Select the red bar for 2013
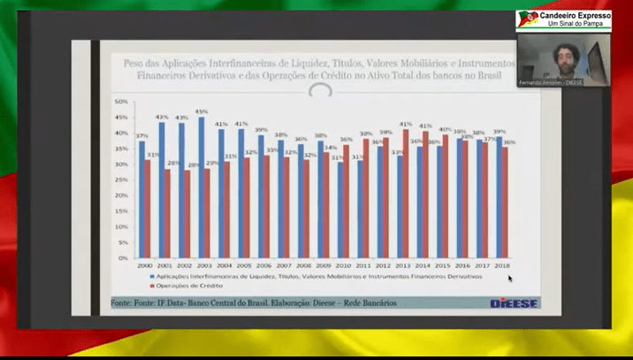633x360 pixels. pyautogui.click(x=406, y=195)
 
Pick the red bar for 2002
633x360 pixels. pyautogui.click(x=187, y=213)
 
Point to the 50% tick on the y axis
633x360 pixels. pyautogui.click(x=122, y=102)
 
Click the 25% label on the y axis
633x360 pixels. pyautogui.click(x=122, y=180)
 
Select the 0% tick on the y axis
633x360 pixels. pyautogui.click(x=124, y=257)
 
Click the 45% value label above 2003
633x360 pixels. pyautogui.click(x=202, y=111)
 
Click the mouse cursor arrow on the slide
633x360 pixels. pyautogui.click(x=510, y=279)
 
